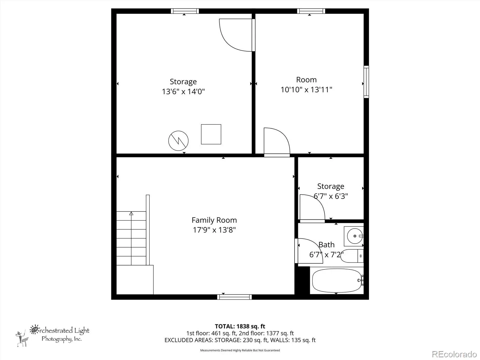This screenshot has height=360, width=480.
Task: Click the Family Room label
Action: [214, 220]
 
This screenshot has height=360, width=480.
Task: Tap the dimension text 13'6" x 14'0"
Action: [183, 91]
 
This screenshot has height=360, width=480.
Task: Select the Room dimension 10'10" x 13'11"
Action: [306, 90]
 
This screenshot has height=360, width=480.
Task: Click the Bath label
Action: [326, 244]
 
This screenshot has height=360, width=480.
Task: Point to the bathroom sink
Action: [354, 236]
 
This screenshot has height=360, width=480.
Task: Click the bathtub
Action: [337, 280]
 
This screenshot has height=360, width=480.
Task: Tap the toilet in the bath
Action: [352, 256]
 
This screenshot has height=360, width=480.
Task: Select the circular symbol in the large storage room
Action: [178, 141]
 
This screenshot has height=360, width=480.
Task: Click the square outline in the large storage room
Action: [211, 134]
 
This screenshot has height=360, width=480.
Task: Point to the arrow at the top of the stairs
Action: [131, 213]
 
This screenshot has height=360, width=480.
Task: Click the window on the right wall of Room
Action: [366, 82]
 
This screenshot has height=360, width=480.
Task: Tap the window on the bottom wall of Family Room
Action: [234, 297]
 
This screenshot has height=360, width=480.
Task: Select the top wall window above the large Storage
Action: [185, 11]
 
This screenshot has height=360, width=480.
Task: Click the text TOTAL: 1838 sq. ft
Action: [240, 326]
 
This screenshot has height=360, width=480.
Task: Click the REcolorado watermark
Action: [454, 354]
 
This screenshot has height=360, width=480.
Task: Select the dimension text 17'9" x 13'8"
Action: [214, 230]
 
